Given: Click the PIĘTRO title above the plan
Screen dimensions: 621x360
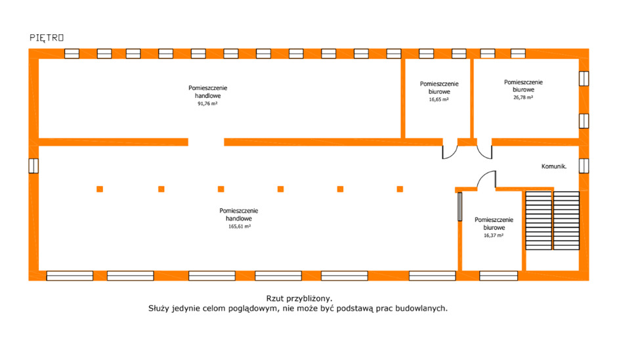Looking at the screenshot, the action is click(47, 37).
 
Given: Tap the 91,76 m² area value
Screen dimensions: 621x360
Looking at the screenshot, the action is click(207, 104).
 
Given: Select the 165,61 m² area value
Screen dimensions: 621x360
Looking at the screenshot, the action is click(239, 227).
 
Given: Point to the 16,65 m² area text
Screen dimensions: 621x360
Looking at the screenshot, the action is click(439, 99).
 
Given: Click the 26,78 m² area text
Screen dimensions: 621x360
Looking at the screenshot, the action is click(523, 97).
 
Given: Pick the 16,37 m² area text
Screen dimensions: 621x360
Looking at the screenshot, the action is click(494, 235).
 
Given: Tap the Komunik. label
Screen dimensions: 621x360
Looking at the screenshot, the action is click(553, 166).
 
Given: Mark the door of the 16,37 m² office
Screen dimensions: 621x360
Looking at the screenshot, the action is click(486, 179).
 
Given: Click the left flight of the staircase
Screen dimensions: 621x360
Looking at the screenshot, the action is click(539, 221).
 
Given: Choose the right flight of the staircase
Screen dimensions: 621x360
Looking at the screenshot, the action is click(567, 221).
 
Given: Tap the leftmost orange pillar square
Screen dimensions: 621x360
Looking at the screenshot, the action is click(100, 189).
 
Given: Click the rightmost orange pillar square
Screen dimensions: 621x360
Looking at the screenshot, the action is click(400, 189).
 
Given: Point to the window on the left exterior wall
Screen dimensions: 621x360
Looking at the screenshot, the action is click(33, 166).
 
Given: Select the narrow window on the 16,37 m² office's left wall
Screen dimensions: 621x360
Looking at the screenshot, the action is click(460, 206).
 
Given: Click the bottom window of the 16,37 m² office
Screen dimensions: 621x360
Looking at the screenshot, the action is click(499, 275).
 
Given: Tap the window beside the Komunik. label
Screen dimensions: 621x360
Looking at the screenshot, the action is click(584, 166).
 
